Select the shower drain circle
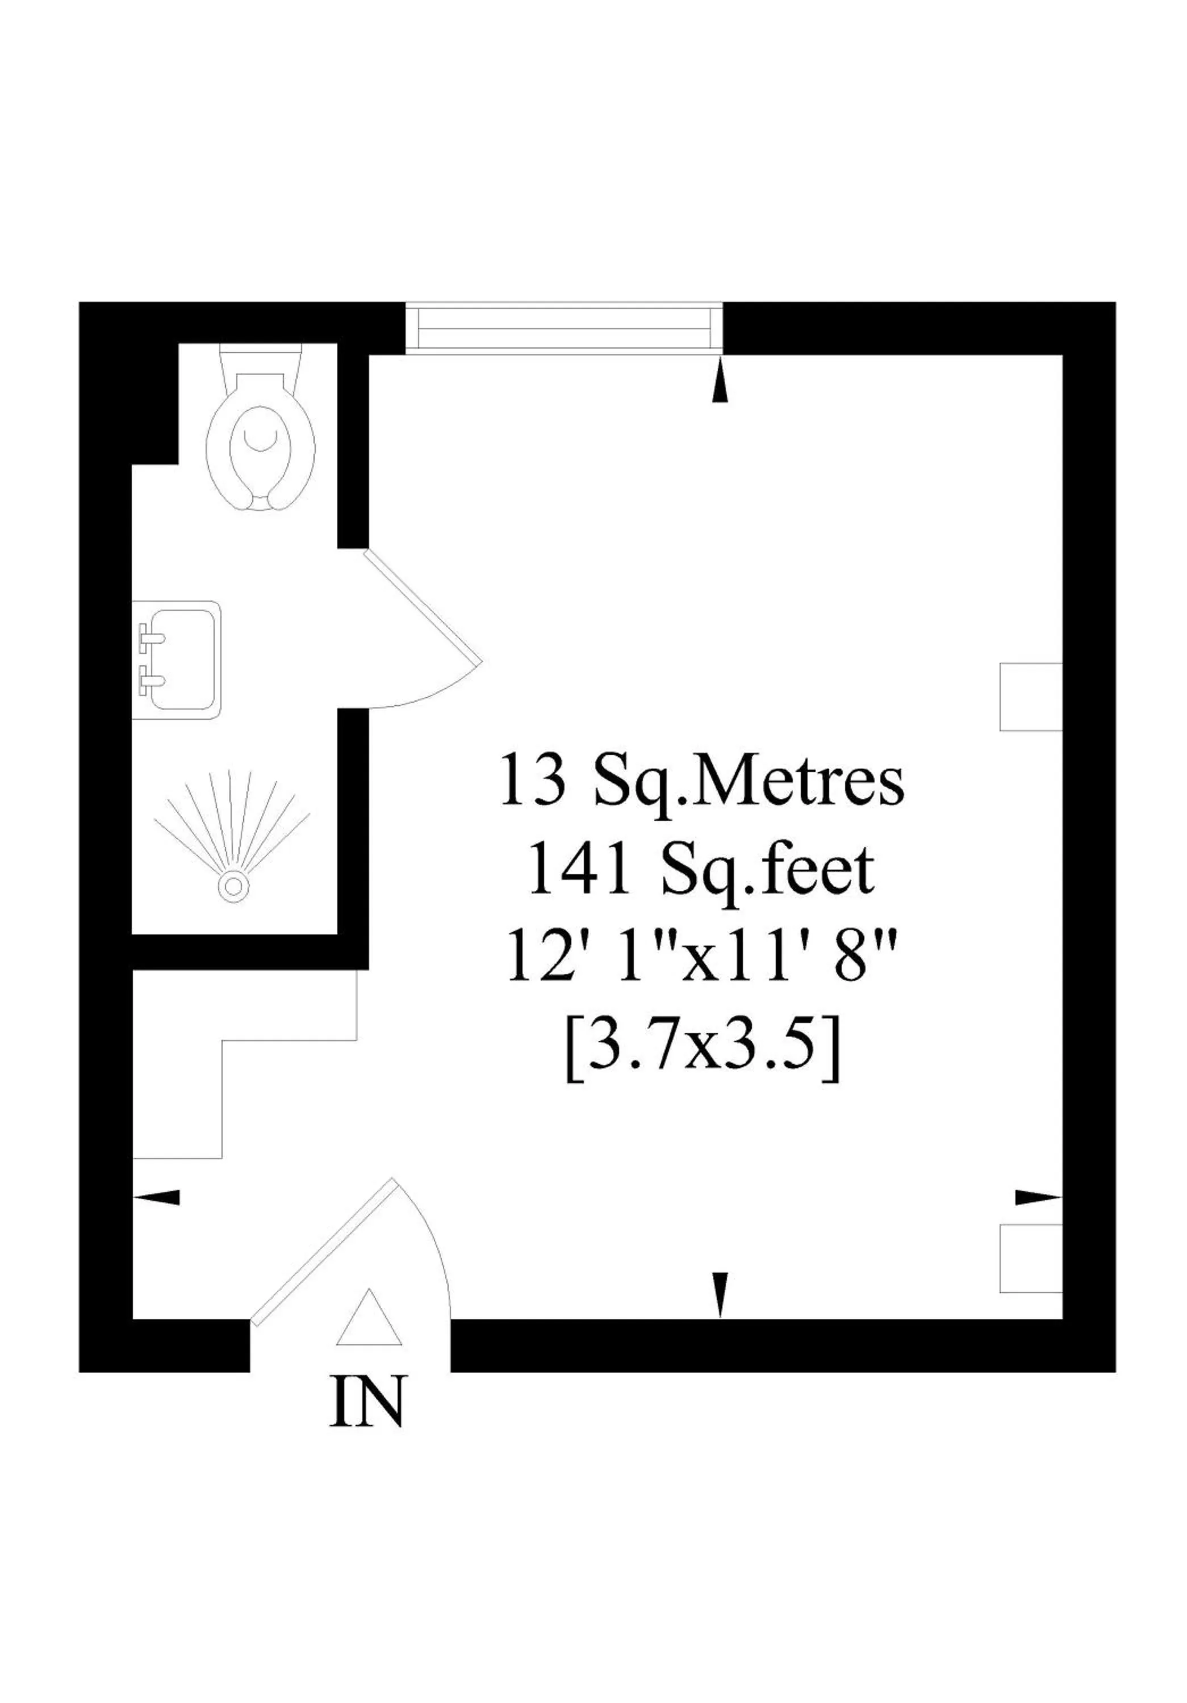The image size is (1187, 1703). pyautogui.click(x=233, y=886)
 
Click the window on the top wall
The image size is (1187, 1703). pyautogui.click(x=564, y=329)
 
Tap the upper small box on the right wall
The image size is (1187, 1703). pyautogui.click(x=1030, y=697)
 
